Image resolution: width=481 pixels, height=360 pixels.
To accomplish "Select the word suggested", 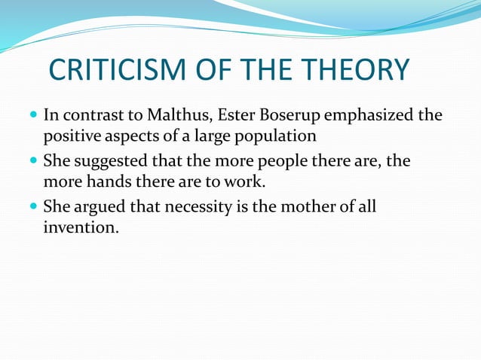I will pos(103,161).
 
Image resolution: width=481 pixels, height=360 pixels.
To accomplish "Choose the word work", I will pos(248,182).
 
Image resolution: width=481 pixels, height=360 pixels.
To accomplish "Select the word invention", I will pos(80,227).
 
